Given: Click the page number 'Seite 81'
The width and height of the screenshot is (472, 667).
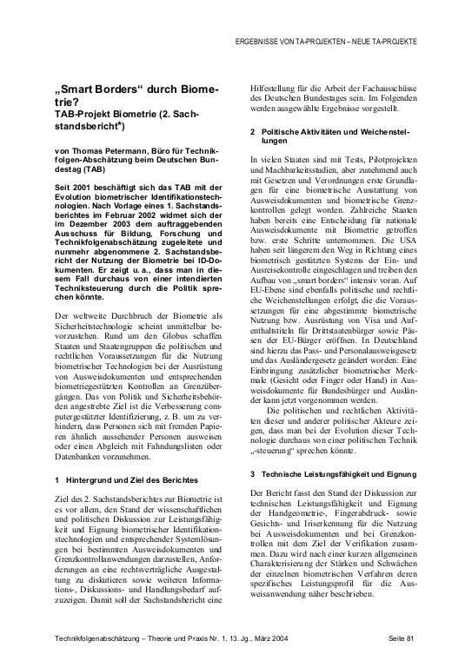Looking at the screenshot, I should (x=402, y=638).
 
